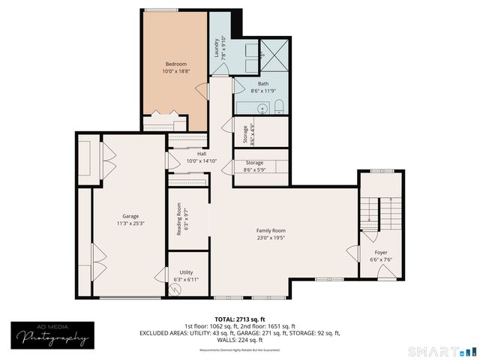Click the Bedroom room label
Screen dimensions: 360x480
(175, 64)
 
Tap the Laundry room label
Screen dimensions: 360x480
(217, 49)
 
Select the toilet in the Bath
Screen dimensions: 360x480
(278, 106)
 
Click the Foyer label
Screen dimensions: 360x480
(381, 253)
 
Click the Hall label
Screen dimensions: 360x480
(202, 154)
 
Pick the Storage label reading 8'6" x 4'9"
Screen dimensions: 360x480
(244, 133)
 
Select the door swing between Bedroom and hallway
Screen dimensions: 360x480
(201, 91)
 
